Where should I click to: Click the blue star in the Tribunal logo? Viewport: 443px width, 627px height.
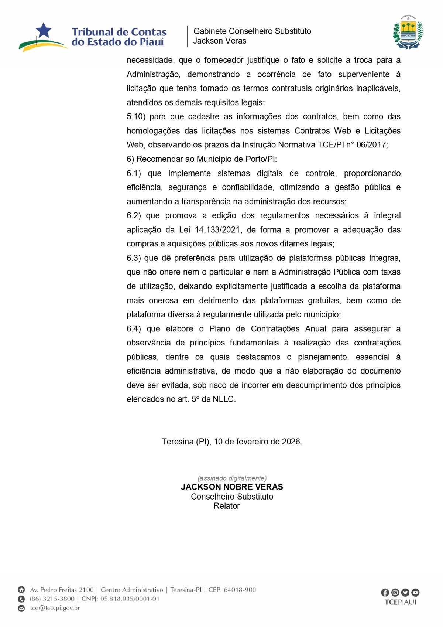[44, 30]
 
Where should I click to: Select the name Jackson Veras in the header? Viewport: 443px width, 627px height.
[220, 41]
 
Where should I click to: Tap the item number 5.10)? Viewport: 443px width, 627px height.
[136, 117]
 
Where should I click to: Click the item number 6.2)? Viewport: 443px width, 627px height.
[134, 216]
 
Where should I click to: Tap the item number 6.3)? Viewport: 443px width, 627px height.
[133, 258]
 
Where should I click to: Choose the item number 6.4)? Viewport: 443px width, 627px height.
[134, 329]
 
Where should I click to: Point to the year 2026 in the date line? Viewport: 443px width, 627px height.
[291, 442]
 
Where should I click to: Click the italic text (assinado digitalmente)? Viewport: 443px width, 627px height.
[232, 478]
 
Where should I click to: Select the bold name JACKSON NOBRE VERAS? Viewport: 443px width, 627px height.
[232, 487]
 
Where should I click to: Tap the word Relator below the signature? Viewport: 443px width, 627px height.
[227, 506]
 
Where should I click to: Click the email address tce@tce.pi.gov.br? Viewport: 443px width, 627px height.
[55, 608]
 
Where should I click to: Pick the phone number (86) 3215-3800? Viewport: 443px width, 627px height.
[52, 599]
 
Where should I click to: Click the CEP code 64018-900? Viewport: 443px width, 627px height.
[240, 590]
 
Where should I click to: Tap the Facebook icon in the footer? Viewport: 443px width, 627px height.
[385, 593]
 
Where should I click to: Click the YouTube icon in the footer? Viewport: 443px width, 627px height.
[415, 593]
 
